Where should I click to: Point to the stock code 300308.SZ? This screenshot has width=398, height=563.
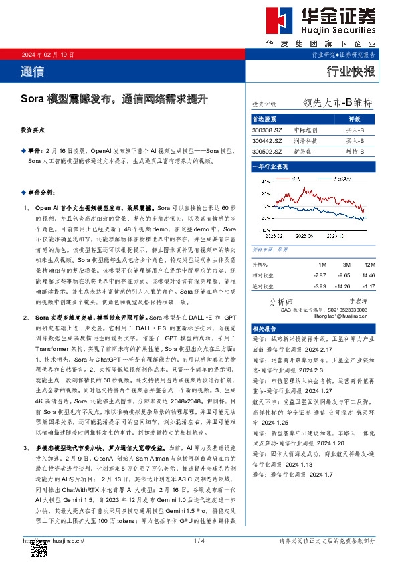267,130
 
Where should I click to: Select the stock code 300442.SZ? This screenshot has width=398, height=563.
267,141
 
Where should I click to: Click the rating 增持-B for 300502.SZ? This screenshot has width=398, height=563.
355,152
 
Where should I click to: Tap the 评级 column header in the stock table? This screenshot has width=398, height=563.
355,119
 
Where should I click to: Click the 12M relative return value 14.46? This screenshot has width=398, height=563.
367,275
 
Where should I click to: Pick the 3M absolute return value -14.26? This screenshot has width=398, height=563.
342,287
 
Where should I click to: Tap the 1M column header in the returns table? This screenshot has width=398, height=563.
322,265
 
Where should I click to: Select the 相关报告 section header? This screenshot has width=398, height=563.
264,329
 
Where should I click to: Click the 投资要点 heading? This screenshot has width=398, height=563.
32,130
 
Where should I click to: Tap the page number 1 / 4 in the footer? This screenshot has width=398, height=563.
199,540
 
